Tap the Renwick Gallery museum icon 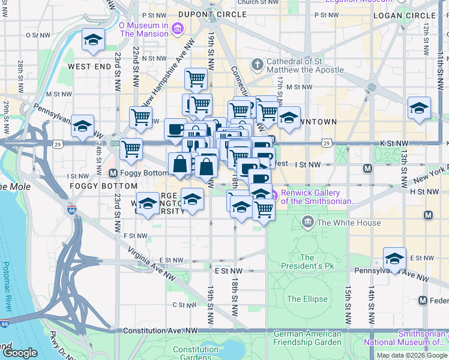274,194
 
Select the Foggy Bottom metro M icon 112,173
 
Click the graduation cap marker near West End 93,40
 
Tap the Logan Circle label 412,15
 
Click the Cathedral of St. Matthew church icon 257,64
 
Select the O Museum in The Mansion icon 177,28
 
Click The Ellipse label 307,299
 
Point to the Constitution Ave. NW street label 160,331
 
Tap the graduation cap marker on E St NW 394,259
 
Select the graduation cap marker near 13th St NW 419,108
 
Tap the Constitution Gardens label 195,353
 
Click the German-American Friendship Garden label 307,337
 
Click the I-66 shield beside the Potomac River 5,324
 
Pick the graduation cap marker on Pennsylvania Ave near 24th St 83,126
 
